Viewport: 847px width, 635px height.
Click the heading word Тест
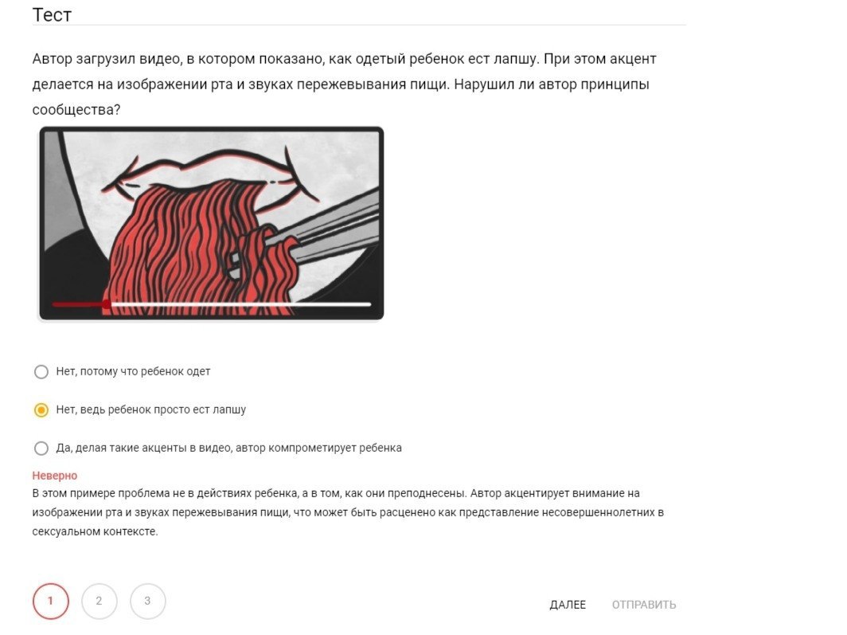pyautogui.click(x=52, y=14)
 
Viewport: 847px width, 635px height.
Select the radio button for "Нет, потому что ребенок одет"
pyautogui.click(x=41, y=372)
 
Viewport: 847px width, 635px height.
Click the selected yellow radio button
pyautogui.click(x=41, y=410)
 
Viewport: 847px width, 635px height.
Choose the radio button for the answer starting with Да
pyautogui.click(x=41, y=448)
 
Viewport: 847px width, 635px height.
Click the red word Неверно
pyautogui.click(x=55, y=476)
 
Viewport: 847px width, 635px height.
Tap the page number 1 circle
pyautogui.click(x=51, y=601)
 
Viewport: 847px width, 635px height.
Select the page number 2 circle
pyautogui.click(x=99, y=601)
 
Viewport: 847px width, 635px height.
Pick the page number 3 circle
pyautogui.click(x=147, y=601)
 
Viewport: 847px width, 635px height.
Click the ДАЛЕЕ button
pyautogui.click(x=568, y=605)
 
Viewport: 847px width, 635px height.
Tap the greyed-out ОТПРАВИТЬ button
pyautogui.click(x=644, y=605)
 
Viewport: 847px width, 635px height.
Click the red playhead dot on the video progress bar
pyautogui.click(x=107, y=305)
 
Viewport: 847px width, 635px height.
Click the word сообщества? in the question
pyautogui.click(x=76, y=110)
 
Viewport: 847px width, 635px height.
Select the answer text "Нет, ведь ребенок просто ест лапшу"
pyautogui.click(x=151, y=410)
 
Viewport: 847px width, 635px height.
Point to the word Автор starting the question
pyautogui.click(x=52, y=59)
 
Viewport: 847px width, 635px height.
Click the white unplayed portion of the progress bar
pyautogui.click(x=241, y=305)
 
